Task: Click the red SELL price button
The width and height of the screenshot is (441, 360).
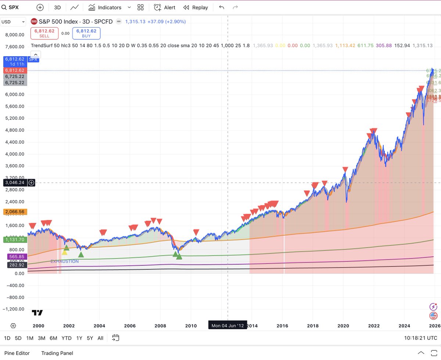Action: pos(44,33)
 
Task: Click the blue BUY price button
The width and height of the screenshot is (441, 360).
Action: pos(86,33)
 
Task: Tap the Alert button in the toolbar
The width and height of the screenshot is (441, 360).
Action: pos(165,7)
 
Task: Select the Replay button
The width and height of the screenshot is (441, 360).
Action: pos(196,7)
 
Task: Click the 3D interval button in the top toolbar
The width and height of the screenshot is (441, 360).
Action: pos(57,7)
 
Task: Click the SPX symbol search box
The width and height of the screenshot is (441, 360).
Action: pos(15,7)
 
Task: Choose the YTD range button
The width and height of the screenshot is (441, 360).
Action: pos(67,338)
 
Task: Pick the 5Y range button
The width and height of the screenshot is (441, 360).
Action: pos(90,338)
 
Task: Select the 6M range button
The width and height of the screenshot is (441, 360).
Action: pos(53,338)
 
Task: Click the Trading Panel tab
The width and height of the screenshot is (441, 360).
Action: pos(57,353)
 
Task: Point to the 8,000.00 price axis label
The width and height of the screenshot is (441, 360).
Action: pos(14,35)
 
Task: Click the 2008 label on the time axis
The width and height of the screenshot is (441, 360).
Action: pos(160,326)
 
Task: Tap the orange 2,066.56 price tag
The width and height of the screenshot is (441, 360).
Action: pos(14,212)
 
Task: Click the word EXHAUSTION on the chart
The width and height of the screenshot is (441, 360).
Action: pos(65,262)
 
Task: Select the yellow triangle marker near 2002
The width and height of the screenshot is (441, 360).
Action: pos(65,252)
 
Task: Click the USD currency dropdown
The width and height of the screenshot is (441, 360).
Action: pos(13,22)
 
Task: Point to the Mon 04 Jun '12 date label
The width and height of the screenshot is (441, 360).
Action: pos(227,326)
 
